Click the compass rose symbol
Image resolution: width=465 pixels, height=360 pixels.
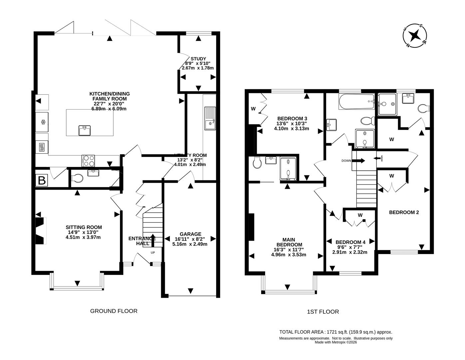[x=415, y=35]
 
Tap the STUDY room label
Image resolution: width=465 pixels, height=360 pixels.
[x=198, y=59]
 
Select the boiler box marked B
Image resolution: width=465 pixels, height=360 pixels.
[x=42, y=181]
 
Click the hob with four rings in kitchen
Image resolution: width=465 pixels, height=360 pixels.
[x=88, y=161]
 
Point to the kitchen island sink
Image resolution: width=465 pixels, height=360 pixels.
[x=85, y=130]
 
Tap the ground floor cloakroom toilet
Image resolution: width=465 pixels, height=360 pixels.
[x=77, y=179]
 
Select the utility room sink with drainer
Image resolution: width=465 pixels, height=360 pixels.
[x=210, y=118]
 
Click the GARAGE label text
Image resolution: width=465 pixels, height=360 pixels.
[x=191, y=234]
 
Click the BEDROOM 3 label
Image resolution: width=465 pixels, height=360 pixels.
[x=292, y=118]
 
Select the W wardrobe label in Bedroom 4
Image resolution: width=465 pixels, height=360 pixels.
[x=360, y=215]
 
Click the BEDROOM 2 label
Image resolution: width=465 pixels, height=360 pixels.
[x=404, y=212]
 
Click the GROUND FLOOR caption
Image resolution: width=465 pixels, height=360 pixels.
[x=114, y=311]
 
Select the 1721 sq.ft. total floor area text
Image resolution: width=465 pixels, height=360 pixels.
[x=336, y=332]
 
